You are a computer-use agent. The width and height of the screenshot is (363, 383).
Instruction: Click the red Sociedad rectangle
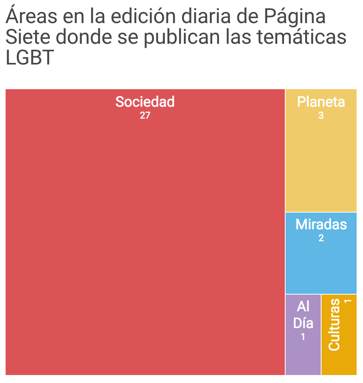coord(145,239)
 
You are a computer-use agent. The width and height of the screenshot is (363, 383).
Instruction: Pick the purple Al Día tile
coord(303,358)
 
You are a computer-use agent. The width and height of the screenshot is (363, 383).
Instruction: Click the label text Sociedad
coord(145,102)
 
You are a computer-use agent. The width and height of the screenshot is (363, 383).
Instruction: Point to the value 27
coord(145,116)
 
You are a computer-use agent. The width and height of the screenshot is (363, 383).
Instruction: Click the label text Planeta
coord(321,102)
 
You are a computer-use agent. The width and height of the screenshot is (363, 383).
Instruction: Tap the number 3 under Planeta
coord(321,116)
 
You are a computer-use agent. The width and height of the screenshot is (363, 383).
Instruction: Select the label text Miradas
coord(321,225)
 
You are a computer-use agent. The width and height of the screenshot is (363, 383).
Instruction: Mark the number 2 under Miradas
coord(321,238)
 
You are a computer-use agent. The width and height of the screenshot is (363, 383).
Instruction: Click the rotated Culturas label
coord(334,325)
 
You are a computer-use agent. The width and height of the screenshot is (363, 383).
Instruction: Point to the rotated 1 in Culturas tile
coord(347,301)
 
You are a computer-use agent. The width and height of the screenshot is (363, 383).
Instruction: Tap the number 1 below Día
coord(303,337)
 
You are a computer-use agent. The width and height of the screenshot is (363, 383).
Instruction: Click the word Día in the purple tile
coord(303,323)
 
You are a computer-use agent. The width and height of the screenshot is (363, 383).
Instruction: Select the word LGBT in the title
coord(30,58)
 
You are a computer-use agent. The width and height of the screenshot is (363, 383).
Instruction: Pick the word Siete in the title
coord(28,37)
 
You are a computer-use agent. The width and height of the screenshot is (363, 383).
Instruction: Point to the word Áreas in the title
coord(31,17)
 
